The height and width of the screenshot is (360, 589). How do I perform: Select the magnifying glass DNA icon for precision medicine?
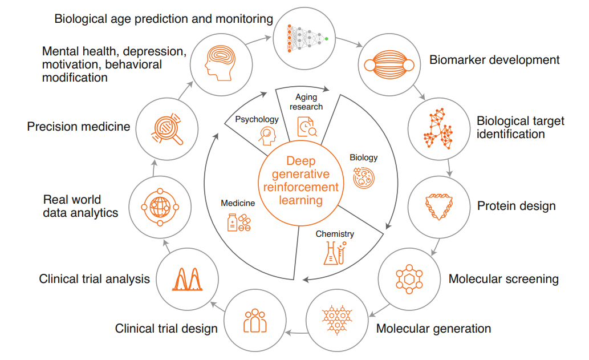click(x=167, y=129)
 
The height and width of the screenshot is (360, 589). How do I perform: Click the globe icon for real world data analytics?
click(x=160, y=207)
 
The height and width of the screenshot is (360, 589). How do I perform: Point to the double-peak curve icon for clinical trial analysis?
click(x=187, y=279)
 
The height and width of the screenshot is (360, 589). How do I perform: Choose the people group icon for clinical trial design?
click(x=255, y=321)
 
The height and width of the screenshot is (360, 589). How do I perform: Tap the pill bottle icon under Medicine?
click(x=239, y=223)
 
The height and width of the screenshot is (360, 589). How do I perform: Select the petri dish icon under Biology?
click(x=364, y=178)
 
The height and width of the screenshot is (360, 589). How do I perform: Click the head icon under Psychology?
click(x=267, y=136)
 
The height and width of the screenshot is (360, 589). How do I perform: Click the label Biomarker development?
click(x=494, y=60)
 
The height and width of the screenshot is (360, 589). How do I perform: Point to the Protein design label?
click(x=516, y=206)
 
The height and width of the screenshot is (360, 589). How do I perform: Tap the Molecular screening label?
click(x=503, y=279)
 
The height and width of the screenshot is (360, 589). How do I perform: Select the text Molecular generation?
click(x=433, y=329)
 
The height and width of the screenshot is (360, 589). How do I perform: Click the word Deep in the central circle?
click(x=301, y=161)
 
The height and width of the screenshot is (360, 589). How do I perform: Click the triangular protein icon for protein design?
click(x=438, y=207)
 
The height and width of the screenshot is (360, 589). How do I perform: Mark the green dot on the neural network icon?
click(x=326, y=39)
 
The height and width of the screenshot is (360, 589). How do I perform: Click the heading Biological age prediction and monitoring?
click(x=164, y=19)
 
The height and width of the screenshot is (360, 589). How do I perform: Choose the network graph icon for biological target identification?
click(x=438, y=129)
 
